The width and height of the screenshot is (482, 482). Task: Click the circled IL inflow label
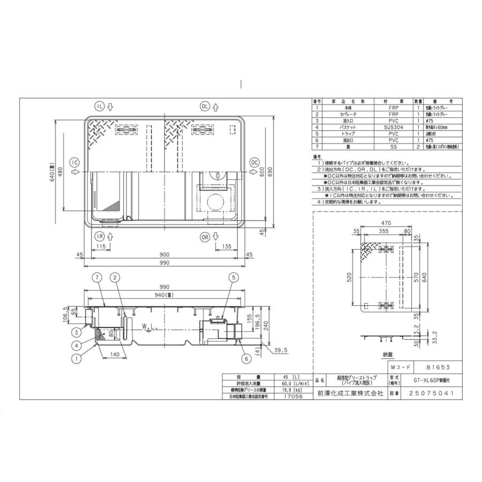(x=100, y=106)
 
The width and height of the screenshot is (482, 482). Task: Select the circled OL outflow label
(x=205, y=106)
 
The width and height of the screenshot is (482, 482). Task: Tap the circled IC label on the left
(x=75, y=162)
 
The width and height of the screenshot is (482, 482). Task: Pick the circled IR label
(x=100, y=236)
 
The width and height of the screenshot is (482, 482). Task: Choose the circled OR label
(x=205, y=236)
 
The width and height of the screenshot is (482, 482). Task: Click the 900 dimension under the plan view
(x=164, y=254)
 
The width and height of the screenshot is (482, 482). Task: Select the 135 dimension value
(x=227, y=246)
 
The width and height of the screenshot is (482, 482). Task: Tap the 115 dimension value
(x=100, y=246)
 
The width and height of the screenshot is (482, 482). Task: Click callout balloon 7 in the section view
(x=96, y=277)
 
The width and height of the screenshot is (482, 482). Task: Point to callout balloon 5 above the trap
(x=234, y=277)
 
